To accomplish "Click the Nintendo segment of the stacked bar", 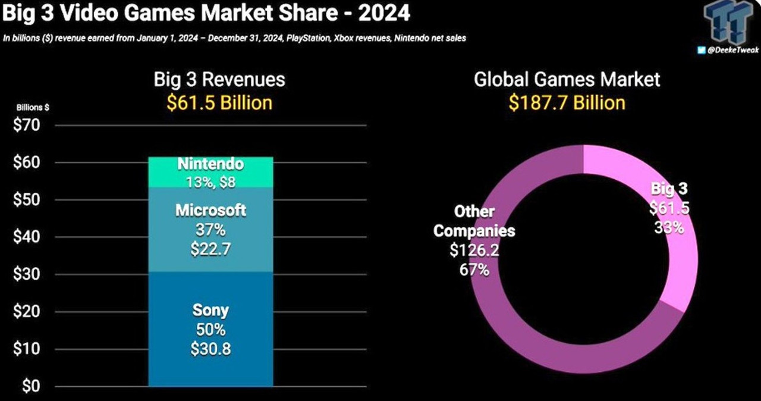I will (211, 172).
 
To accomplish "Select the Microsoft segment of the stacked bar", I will (211, 230).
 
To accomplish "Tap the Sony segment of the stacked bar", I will (211, 329).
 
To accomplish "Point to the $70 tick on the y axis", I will (26, 125).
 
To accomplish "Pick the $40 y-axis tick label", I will (26, 237).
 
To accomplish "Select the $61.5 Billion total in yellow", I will (219, 102).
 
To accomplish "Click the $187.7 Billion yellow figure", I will (567, 102).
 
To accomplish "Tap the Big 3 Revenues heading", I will (219, 79).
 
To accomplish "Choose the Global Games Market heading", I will (567, 79).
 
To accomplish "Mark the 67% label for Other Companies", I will (474, 270).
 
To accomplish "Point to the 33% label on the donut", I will (669, 227).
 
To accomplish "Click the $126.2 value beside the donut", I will (474, 250).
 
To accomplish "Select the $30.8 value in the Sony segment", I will (211, 349).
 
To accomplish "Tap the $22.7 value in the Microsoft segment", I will (211, 249).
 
